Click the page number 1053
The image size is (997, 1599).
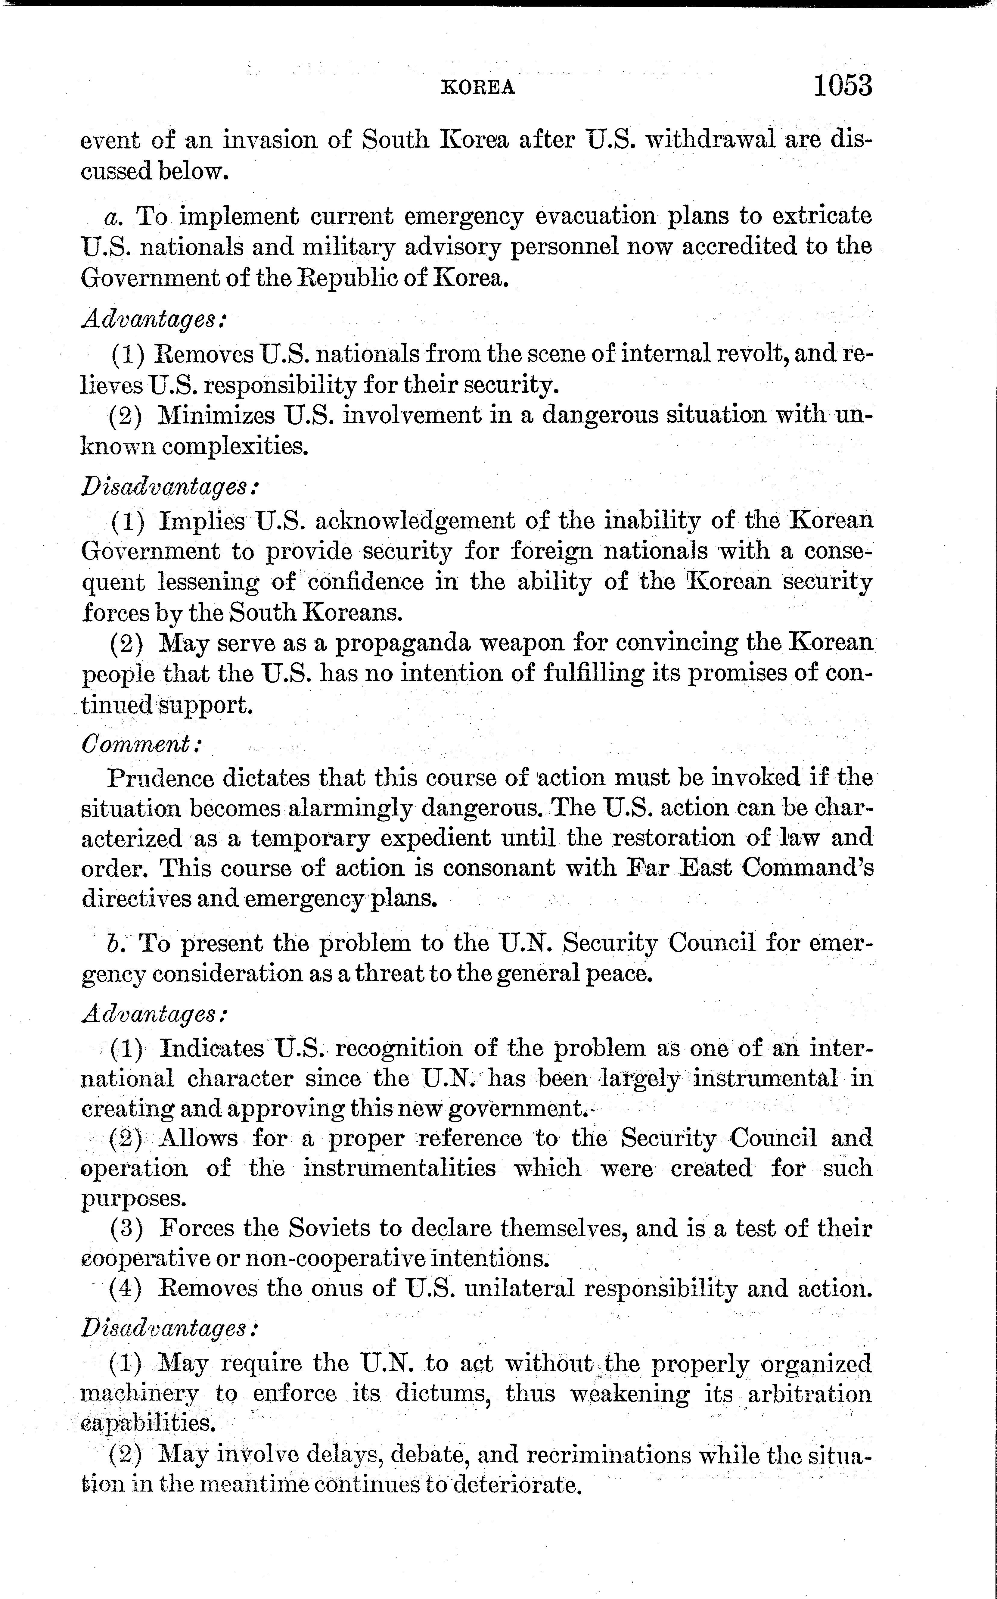[x=843, y=86]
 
